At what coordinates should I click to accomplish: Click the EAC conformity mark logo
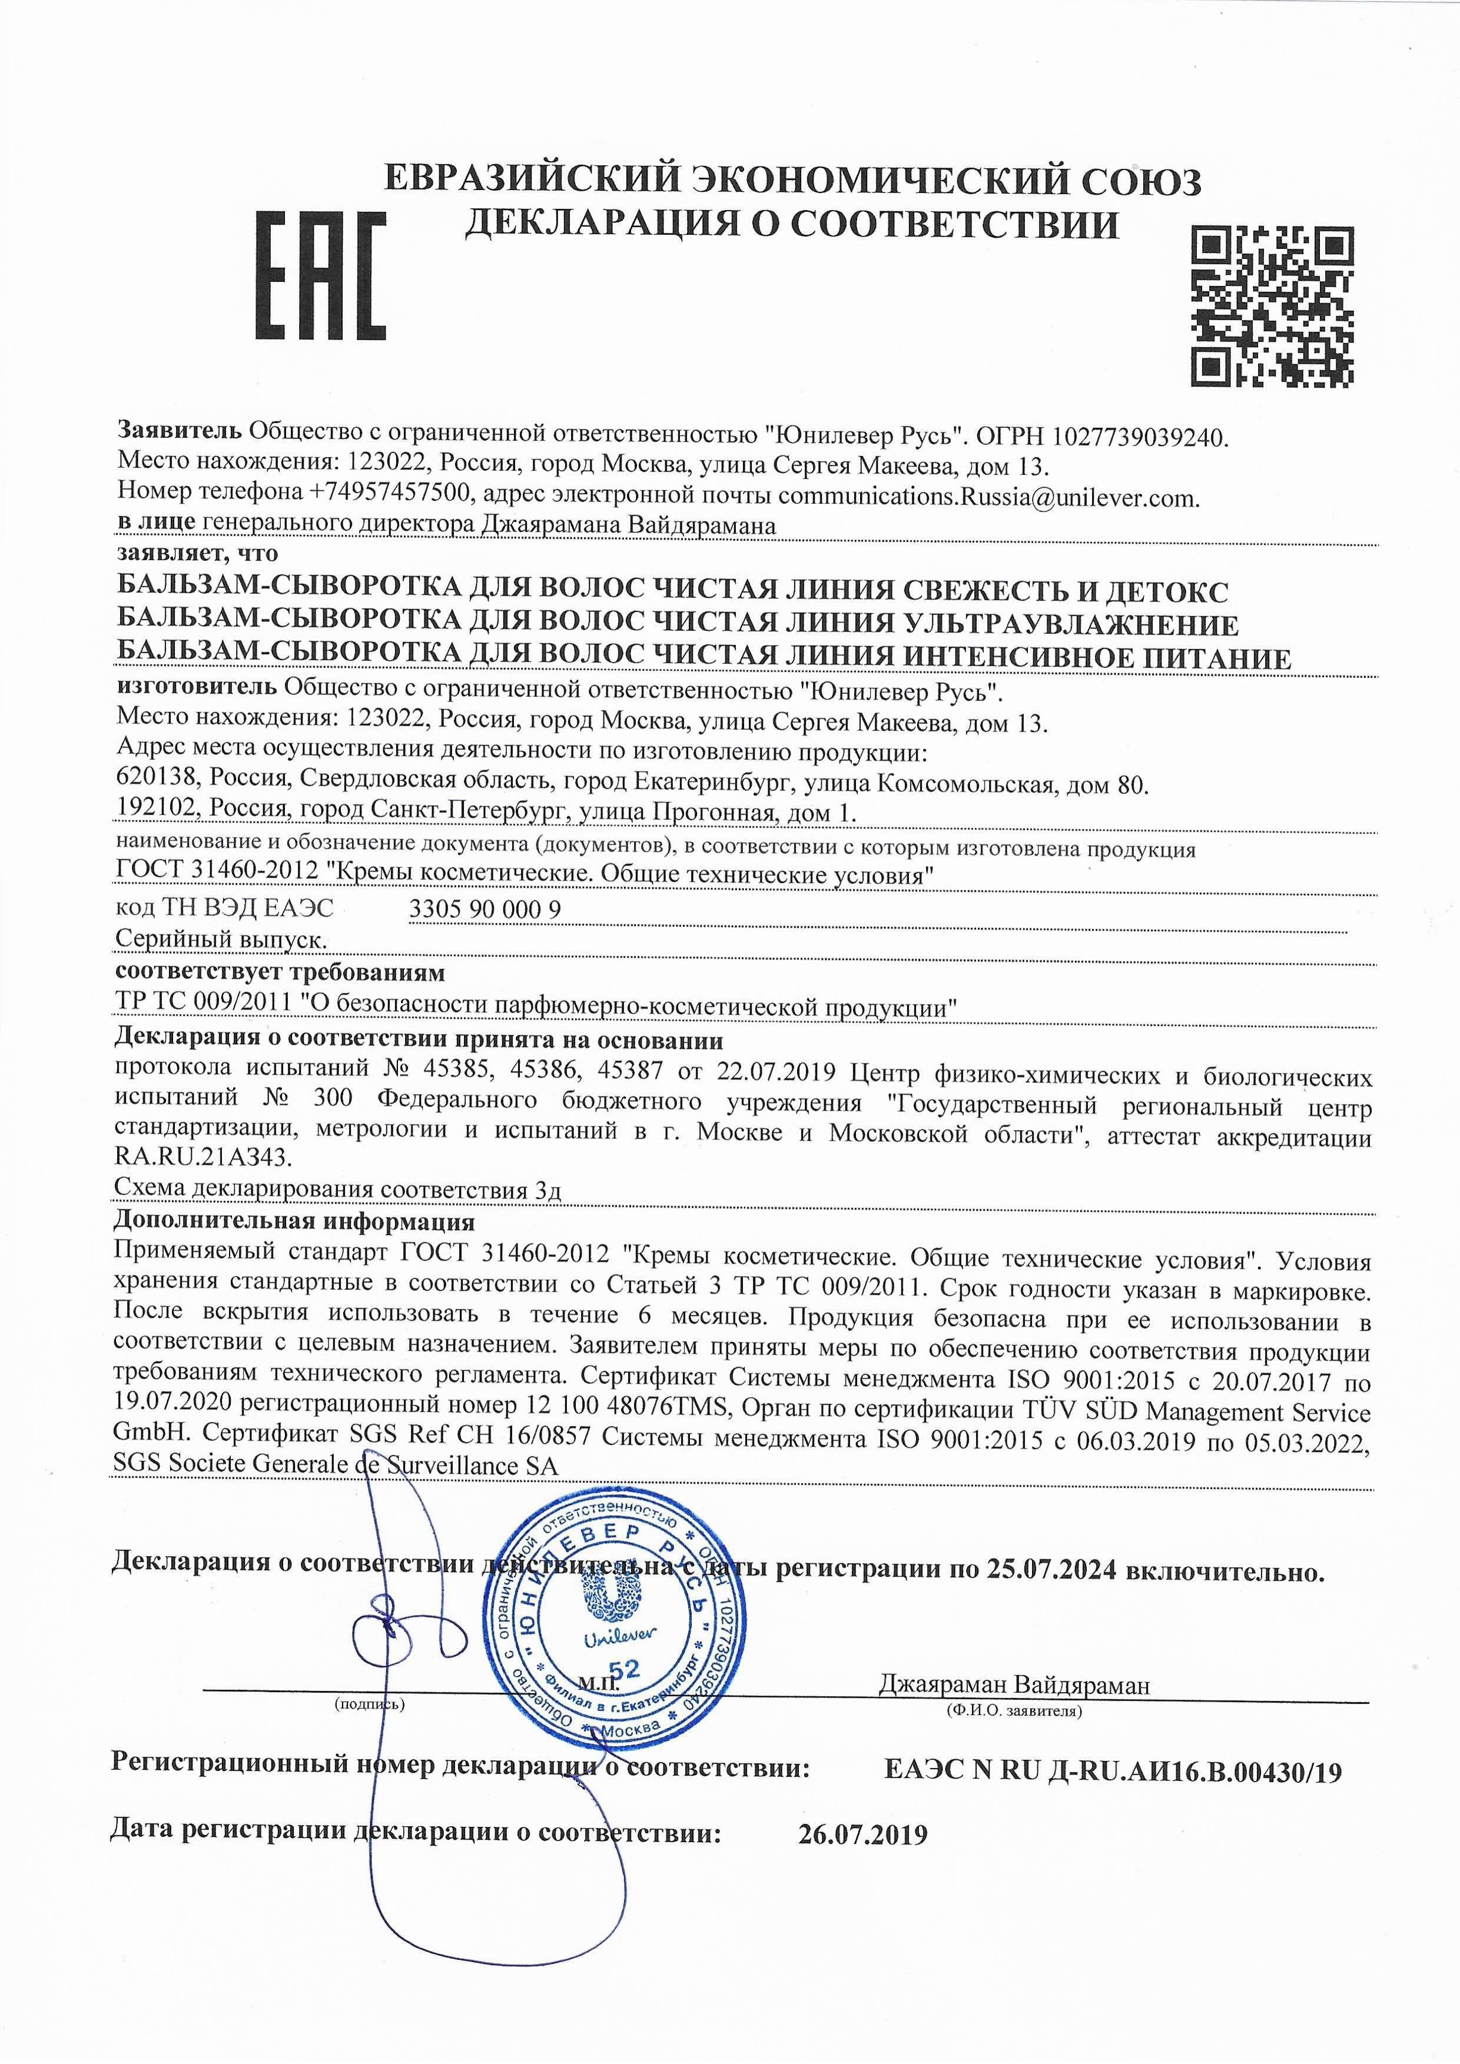pos(321,276)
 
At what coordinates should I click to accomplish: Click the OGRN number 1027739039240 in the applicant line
pos(1137,438)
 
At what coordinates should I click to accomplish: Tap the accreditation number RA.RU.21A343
pos(203,1155)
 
